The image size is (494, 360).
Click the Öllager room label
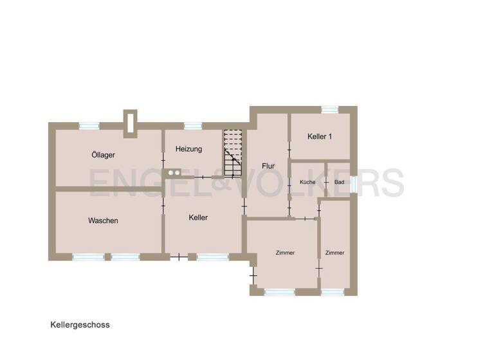(x=103, y=155)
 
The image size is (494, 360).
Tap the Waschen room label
(x=103, y=221)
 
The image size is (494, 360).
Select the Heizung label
(x=188, y=149)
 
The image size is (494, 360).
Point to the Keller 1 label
(x=320, y=136)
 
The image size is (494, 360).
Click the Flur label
(x=268, y=166)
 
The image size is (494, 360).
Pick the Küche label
(x=307, y=183)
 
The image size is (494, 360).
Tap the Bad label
(x=339, y=183)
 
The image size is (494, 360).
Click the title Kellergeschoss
(x=80, y=325)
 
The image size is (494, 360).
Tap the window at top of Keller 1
(x=330, y=110)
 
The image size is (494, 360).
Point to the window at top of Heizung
(x=192, y=126)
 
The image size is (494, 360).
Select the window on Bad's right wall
(x=353, y=183)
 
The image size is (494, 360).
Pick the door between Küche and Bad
(x=325, y=183)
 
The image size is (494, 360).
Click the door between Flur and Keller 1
(x=289, y=150)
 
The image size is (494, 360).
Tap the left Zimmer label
(x=284, y=253)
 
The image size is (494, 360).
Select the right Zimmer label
(x=334, y=253)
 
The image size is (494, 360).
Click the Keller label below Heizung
(x=198, y=218)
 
